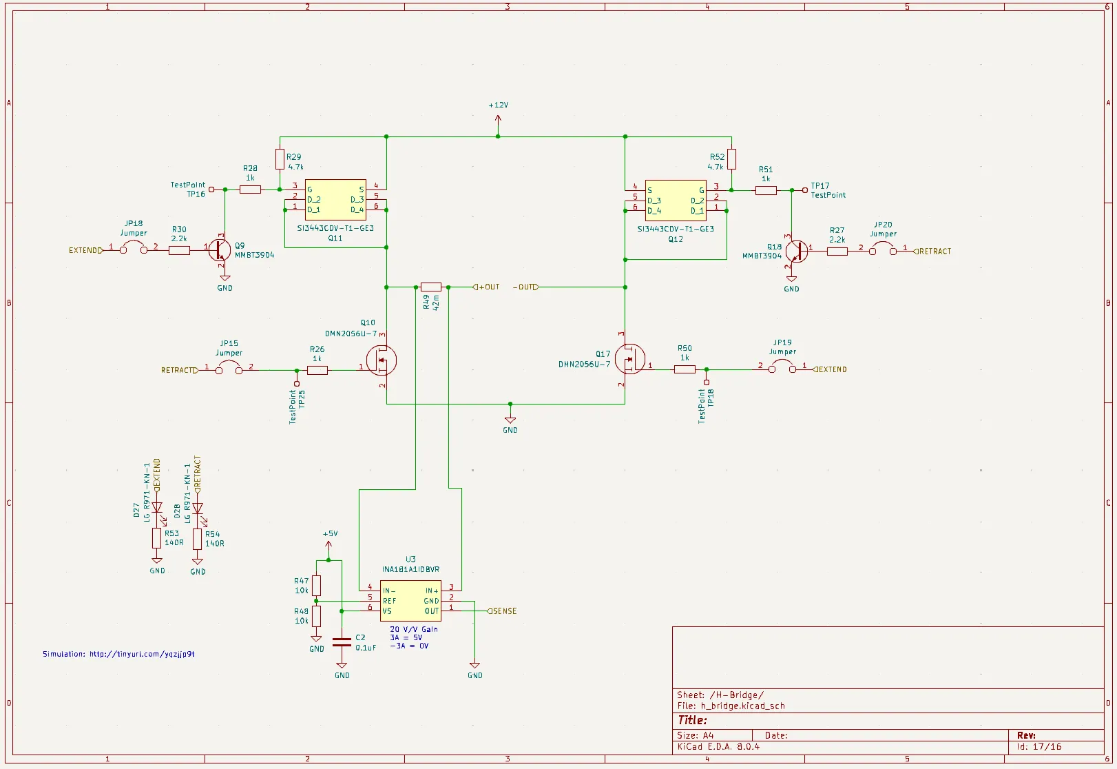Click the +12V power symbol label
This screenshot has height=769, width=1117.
(x=498, y=105)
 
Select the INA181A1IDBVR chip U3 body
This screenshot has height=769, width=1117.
(x=410, y=601)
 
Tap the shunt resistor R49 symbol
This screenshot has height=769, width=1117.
(x=430, y=287)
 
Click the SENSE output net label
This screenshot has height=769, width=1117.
(x=505, y=611)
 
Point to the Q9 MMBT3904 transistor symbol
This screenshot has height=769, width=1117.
(x=220, y=249)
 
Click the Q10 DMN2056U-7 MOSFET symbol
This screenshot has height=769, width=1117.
(x=381, y=360)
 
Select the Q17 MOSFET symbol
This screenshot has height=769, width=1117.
(x=629, y=359)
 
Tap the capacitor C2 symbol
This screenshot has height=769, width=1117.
(x=342, y=642)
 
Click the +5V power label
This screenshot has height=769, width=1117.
(x=330, y=534)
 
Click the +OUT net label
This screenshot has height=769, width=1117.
(x=489, y=287)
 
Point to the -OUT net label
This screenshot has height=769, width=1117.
(x=525, y=287)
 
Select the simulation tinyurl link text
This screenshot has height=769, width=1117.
(x=118, y=654)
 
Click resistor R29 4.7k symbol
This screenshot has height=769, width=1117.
(x=280, y=159)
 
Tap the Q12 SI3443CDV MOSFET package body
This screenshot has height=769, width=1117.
(x=676, y=201)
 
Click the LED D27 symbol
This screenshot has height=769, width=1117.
(x=157, y=509)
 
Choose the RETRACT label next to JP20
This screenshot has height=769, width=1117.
(x=935, y=252)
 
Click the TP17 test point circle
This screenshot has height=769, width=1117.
(x=804, y=190)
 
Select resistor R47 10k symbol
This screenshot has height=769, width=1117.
(x=316, y=586)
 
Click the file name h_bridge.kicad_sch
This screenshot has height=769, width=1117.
(x=742, y=706)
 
